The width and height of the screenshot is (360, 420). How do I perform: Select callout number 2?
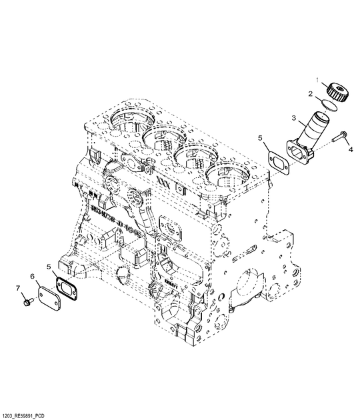point(310,95)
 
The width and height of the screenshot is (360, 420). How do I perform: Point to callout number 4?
point(351,151)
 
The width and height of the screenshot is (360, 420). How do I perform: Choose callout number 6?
point(32,275)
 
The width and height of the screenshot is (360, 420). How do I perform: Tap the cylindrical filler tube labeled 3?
point(310,130)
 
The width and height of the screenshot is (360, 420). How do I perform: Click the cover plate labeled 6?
point(47,294)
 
